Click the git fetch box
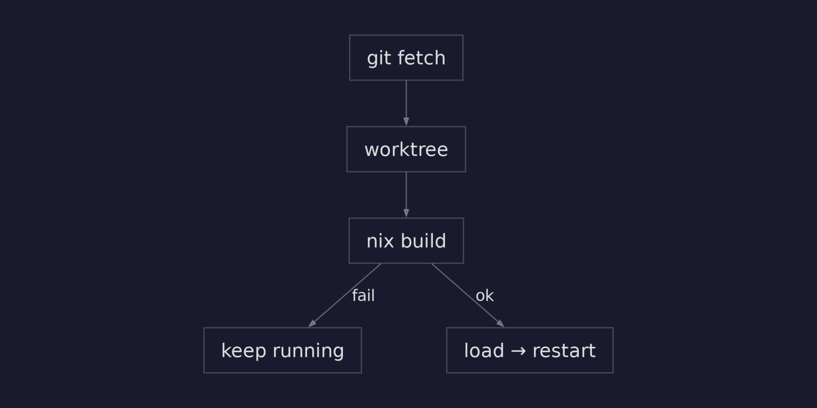[x=406, y=58]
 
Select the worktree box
[x=406, y=149]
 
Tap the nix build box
[x=406, y=240]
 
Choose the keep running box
[x=283, y=350]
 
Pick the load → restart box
[x=530, y=350]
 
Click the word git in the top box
[x=378, y=58]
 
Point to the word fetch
[x=421, y=58]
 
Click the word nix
[x=380, y=241]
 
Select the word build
[x=423, y=241]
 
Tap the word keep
[x=243, y=351]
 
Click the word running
[x=308, y=351]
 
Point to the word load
[x=484, y=350]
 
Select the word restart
[x=564, y=350]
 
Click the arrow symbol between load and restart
[x=518, y=351]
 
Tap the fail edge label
[x=363, y=295]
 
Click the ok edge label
[x=484, y=295]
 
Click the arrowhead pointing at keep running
[x=312, y=323]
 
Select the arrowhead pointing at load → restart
[x=500, y=323]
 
